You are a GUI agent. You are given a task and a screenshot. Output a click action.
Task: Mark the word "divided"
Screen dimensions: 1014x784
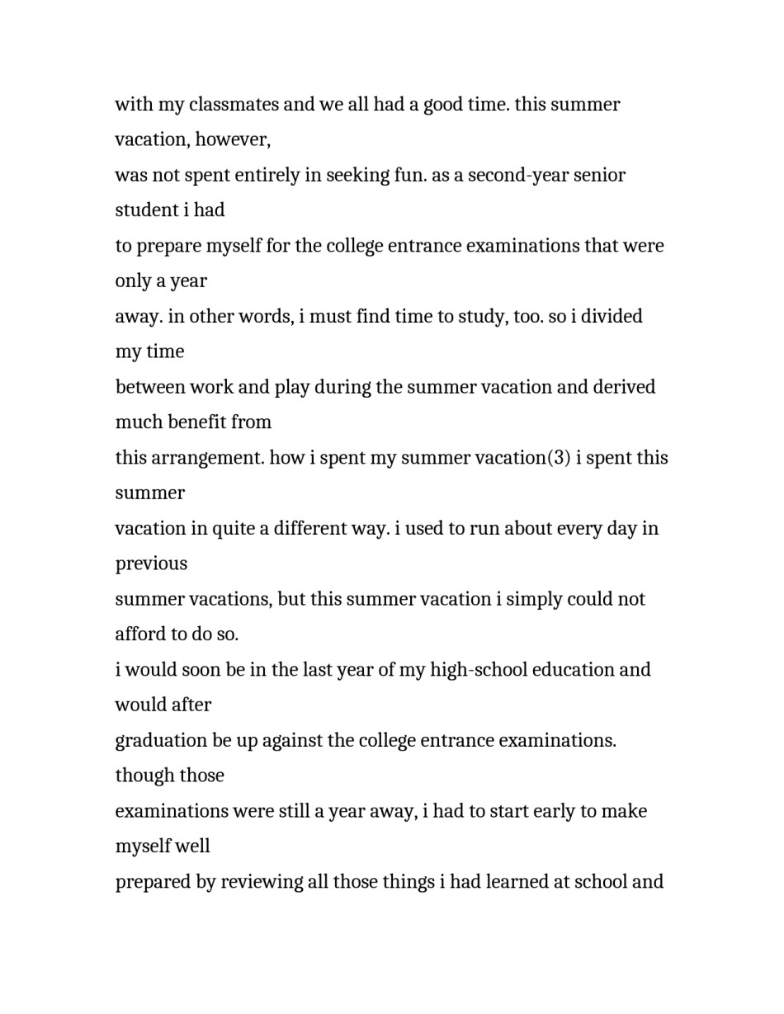point(612,317)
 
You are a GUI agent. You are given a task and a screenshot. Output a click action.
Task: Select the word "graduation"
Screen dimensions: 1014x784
point(161,741)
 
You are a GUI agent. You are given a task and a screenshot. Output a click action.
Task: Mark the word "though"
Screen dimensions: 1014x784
point(141,776)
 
